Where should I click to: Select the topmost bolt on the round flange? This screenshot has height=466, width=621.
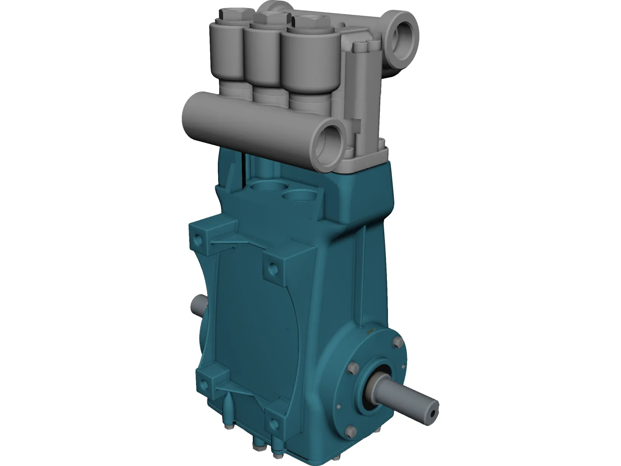tap(397, 342)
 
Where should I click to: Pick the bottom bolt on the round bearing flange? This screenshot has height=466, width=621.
tap(350, 431)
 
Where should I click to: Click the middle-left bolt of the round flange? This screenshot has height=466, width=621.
tap(353, 369)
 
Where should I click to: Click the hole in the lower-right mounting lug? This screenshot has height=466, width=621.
tap(275, 423)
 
